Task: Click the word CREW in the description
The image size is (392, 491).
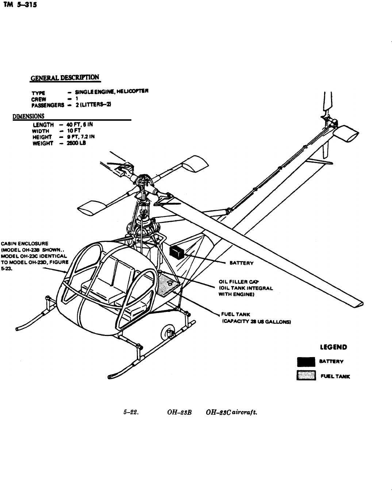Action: pos(39,98)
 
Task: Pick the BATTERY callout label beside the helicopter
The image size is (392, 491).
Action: pos(241,263)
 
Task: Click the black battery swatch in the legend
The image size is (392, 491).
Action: pos(306,362)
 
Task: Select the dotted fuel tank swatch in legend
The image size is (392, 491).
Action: pos(306,376)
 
